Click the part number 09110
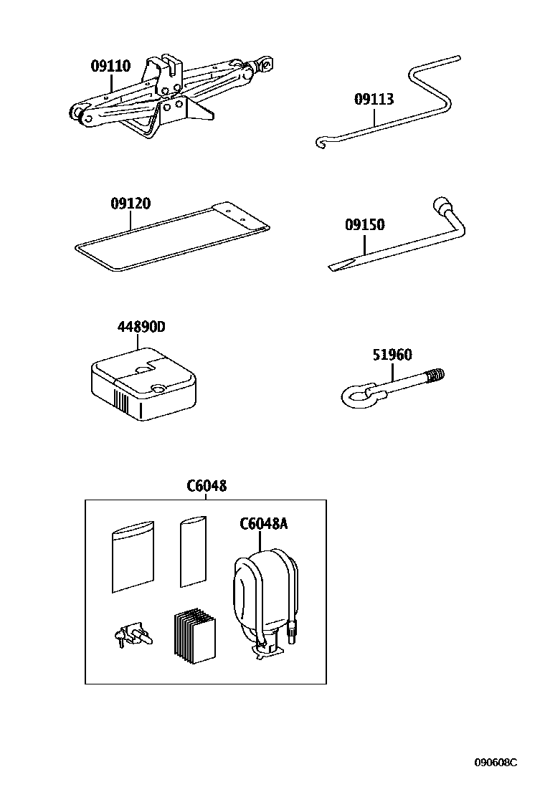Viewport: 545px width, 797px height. click(110, 67)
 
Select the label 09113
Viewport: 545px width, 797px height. click(374, 99)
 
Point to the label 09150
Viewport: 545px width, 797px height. click(364, 225)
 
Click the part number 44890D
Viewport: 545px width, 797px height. click(141, 327)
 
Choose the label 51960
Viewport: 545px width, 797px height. click(392, 355)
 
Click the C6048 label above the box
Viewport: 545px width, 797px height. click(207, 485)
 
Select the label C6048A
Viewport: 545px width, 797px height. click(263, 523)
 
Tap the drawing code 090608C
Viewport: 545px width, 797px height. click(495, 763)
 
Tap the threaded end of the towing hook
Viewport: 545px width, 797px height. click(435, 375)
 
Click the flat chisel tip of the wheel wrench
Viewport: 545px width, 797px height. click(337, 266)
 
